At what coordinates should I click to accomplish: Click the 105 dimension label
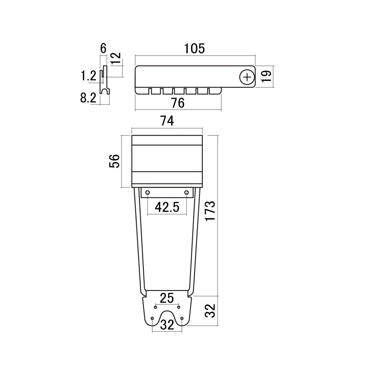(194, 49)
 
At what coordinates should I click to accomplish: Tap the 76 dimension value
(178, 103)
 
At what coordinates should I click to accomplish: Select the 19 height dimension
(266, 77)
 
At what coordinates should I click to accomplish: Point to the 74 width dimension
(167, 121)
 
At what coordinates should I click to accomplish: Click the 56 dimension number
(114, 161)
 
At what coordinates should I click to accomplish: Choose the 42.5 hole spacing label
(167, 207)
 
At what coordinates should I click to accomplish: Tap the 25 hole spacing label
(167, 298)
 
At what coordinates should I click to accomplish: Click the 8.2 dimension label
(88, 99)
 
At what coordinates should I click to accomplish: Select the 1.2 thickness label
(88, 76)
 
